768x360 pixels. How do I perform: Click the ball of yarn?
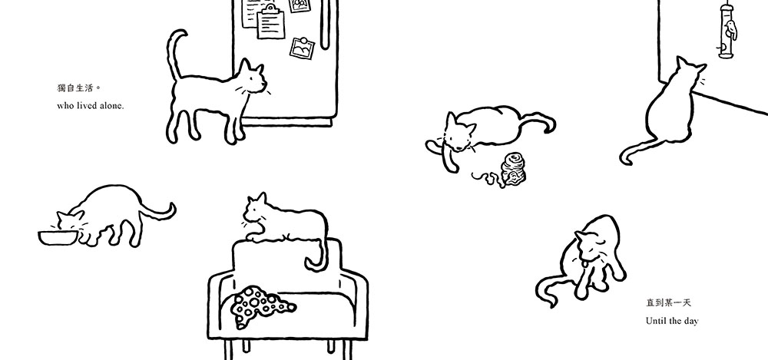click(x=512, y=168)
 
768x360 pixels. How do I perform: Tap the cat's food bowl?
click(x=58, y=238)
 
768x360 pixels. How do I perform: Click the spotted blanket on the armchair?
click(x=260, y=306)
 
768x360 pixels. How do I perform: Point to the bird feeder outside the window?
click(x=727, y=31)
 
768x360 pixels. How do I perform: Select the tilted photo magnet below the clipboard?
click(x=302, y=48)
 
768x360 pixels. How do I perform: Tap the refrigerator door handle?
click(x=325, y=25)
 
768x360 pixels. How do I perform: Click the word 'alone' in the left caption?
click(x=111, y=105)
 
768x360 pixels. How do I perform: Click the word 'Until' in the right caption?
click(x=655, y=321)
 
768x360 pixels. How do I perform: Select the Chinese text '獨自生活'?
click(x=75, y=88)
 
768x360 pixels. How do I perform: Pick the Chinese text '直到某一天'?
click(x=668, y=302)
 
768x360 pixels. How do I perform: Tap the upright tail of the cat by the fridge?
click(x=174, y=54)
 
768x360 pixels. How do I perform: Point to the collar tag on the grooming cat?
click(x=584, y=265)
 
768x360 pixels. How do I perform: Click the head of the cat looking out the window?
click(x=690, y=74)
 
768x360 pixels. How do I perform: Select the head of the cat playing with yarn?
click(x=458, y=132)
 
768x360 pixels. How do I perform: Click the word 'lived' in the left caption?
click(x=88, y=105)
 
